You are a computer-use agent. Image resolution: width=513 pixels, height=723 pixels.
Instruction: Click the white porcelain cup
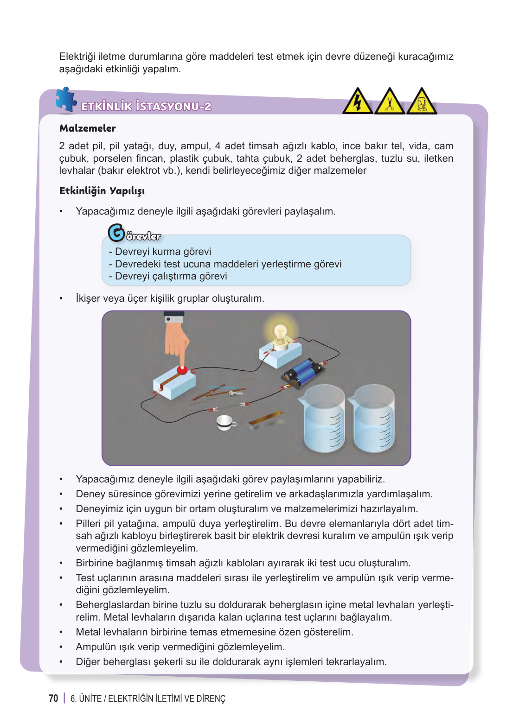click(x=225, y=422)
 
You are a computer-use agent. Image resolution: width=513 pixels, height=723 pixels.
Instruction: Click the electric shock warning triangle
click(x=357, y=102)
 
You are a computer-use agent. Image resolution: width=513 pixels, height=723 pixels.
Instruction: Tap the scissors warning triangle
click(x=389, y=102)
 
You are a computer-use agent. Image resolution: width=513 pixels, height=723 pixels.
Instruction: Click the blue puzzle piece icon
click(x=65, y=99)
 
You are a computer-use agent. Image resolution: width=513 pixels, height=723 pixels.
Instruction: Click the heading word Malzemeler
click(x=87, y=128)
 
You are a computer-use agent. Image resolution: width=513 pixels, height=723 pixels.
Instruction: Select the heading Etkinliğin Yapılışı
click(x=102, y=191)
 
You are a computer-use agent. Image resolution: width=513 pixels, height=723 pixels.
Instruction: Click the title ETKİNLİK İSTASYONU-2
click(x=146, y=107)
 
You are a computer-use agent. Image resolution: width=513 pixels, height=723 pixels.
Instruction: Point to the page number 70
click(x=53, y=698)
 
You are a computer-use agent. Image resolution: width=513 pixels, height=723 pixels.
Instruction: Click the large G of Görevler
click(x=116, y=233)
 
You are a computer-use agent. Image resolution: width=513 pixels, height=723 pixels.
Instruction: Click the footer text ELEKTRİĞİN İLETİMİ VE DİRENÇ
click(x=167, y=698)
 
